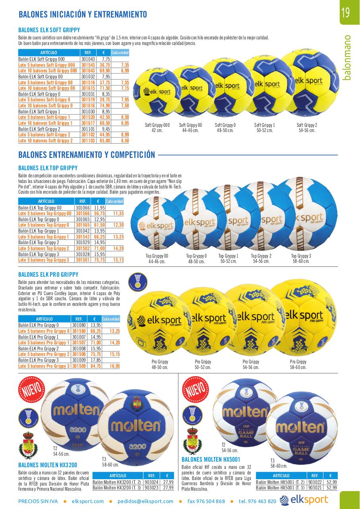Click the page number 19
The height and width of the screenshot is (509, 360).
click(345, 13)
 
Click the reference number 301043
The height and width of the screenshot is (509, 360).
click(88, 59)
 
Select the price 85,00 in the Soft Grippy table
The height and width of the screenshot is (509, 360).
click(105, 141)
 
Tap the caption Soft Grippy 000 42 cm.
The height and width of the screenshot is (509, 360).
click(157, 128)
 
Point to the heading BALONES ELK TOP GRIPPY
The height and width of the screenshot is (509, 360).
click(48, 168)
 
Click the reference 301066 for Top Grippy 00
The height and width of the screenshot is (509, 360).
click(83, 208)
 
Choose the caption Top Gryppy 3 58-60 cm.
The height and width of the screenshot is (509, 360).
click(301, 258)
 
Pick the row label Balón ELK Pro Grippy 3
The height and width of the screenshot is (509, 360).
click(39, 360)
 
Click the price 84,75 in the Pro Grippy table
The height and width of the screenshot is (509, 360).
click(95, 366)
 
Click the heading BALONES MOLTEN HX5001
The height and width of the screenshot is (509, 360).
click(211, 459)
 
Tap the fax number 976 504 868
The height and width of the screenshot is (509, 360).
click(206, 501)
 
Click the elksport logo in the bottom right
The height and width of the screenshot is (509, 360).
click(304, 500)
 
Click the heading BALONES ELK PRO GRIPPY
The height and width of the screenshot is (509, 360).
click(48, 274)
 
